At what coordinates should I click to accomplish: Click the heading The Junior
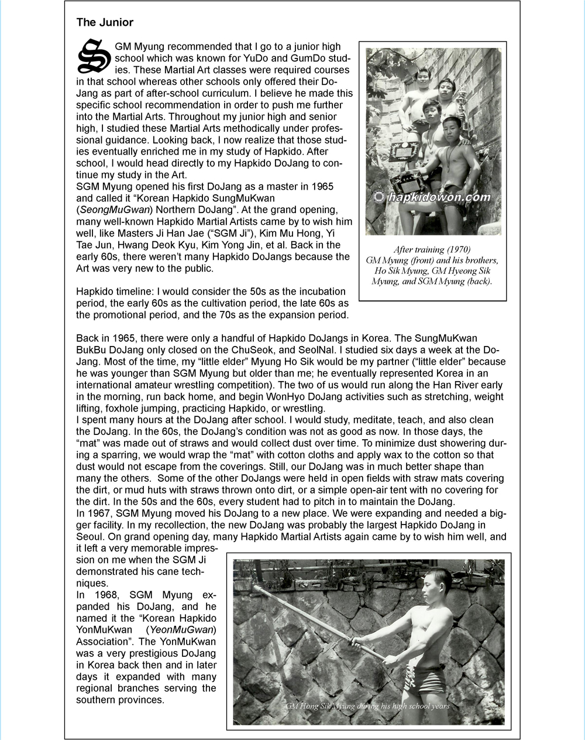pyautogui.click(x=105, y=23)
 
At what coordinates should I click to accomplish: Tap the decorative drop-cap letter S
pyautogui.click(x=94, y=56)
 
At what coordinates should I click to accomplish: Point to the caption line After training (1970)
pyautogui.click(x=432, y=250)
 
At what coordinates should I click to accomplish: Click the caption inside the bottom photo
pyautogui.click(x=367, y=706)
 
